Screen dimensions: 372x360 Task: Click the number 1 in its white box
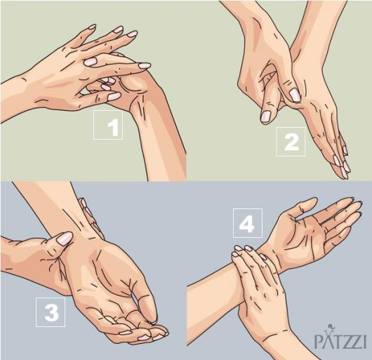(114, 127)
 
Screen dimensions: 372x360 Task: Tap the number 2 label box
(291, 142)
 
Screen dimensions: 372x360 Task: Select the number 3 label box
(51, 312)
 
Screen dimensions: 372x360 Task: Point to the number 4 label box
(248, 223)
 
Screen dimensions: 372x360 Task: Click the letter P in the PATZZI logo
(319, 341)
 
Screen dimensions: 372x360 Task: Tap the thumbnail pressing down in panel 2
(295, 95)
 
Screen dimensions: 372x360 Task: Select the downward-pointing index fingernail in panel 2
(266, 116)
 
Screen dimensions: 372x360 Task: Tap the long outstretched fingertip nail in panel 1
(144, 65)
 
